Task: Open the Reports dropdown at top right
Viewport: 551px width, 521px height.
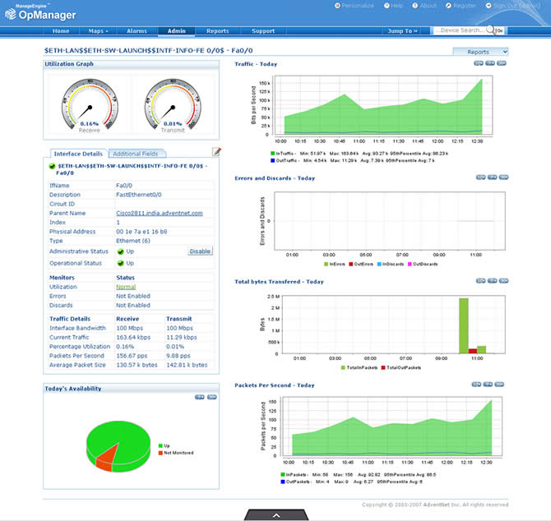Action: (480, 52)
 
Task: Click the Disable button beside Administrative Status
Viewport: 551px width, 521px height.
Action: (200, 251)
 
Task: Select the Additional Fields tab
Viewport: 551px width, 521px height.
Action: (135, 154)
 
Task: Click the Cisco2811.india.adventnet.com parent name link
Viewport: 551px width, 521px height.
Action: (159, 213)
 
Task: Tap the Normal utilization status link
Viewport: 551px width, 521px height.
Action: (126, 287)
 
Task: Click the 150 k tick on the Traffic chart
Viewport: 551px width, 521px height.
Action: (264, 83)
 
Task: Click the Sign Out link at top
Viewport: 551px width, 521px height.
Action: (508, 6)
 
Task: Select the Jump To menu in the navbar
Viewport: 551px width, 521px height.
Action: (402, 30)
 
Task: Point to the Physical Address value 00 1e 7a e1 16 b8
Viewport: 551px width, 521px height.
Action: (141, 231)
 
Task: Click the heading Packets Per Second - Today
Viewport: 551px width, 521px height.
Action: (275, 385)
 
